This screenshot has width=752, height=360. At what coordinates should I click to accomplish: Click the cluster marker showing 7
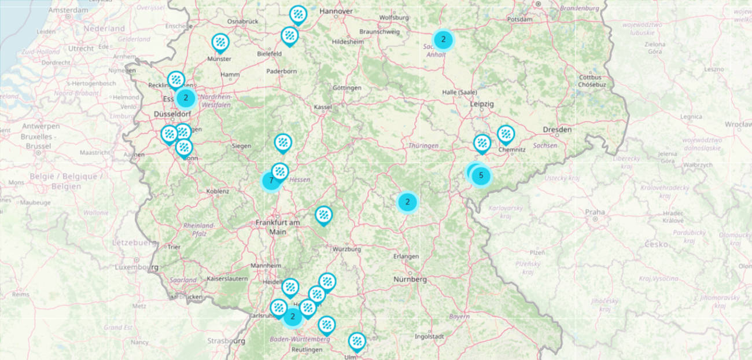271,181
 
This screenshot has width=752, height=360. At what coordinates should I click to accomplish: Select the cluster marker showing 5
481,175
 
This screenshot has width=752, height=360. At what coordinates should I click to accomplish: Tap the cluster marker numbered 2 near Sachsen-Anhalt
443,40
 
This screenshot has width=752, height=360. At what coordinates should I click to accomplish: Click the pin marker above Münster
220,42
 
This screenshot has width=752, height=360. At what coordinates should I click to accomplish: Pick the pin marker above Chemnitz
506,134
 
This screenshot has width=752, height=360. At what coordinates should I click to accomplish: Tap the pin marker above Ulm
357,341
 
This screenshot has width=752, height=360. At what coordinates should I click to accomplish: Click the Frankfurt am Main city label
278,227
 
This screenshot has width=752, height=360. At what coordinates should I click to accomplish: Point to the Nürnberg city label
410,279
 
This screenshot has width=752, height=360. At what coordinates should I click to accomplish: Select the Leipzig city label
482,104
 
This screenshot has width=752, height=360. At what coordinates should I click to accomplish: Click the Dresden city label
557,130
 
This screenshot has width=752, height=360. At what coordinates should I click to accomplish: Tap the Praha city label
595,212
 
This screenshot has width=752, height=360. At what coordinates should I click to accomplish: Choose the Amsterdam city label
68,10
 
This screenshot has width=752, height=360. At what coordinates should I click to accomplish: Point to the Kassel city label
323,107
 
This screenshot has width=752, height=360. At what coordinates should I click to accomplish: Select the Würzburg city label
346,249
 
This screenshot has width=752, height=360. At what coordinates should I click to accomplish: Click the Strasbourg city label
226,341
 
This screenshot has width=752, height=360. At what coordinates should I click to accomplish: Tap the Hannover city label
336,11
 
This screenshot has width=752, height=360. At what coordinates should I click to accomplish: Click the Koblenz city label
218,190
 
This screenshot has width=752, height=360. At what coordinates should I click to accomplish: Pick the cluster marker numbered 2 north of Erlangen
407,202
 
